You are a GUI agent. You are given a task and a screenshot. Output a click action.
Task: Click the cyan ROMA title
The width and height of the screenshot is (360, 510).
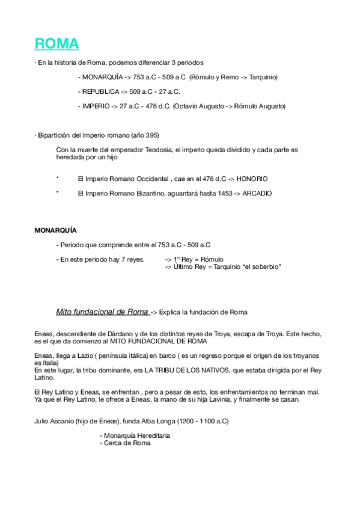pyautogui.click(x=56, y=44)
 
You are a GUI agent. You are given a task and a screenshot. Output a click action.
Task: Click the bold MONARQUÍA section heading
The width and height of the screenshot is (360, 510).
pyautogui.click(x=55, y=230)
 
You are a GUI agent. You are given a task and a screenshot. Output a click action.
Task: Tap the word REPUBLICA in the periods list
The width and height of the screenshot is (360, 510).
pyautogui.click(x=100, y=92)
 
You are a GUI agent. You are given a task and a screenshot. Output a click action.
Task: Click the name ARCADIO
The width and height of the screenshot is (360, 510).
pyautogui.click(x=257, y=194)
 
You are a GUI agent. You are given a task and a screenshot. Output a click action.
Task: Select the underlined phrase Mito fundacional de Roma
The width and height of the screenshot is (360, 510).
pyautogui.click(x=102, y=312)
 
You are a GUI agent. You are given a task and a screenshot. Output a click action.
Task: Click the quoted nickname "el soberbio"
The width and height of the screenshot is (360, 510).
pyautogui.click(x=260, y=266)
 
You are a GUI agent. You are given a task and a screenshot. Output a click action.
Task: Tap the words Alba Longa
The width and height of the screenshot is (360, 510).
pyautogui.click(x=154, y=421)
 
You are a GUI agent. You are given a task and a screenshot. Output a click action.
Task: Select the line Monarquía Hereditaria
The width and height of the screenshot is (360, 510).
pyautogui.click(x=135, y=435)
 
